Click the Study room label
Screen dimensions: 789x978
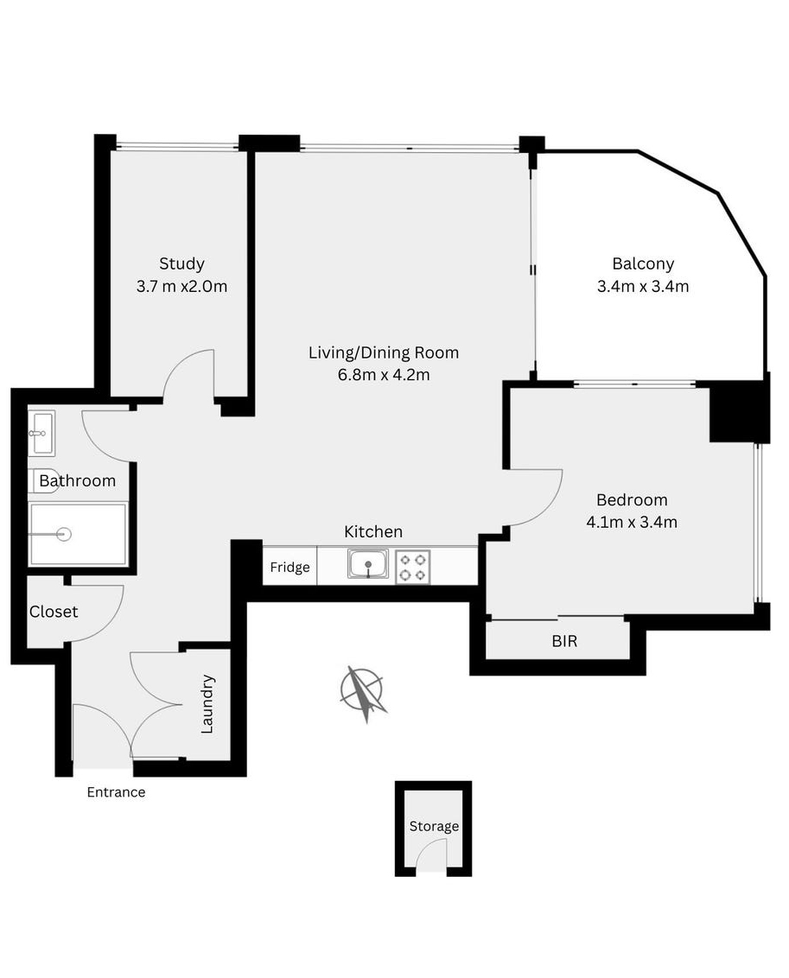[181, 264]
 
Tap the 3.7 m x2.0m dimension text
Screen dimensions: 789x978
[181, 286]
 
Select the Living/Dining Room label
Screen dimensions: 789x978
[384, 352]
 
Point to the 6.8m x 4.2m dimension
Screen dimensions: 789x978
[384, 375]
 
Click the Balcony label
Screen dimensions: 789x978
[643, 264]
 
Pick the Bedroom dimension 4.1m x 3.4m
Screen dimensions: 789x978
[632, 522]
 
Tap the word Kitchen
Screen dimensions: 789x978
[373, 531]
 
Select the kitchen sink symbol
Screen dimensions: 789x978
[368, 564]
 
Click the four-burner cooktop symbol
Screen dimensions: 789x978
[413, 567]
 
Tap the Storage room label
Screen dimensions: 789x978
[434, 827]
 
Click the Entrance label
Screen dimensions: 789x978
[116, 792]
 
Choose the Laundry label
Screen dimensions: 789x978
[207, 704]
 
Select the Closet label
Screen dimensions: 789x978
[54, 612]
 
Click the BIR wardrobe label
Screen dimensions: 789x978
[564, 641]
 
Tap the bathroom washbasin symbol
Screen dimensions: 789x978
[41, 433]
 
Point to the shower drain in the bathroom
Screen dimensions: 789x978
[63, 534]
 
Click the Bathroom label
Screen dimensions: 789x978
[77, 481]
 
